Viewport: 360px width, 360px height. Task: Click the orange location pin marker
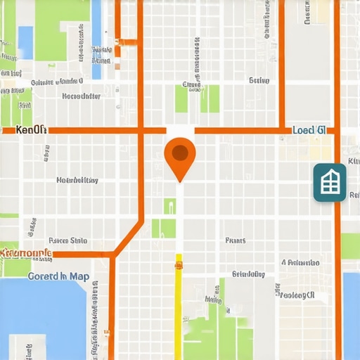click(x=180, y=156)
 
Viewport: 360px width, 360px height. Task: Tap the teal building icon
click(x=329, y=182)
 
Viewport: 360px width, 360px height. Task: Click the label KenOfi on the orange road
click(x=31, y=130)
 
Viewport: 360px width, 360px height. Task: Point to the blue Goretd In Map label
click(x=58, y=276)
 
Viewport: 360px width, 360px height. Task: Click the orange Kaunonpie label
click(x=26, y=252)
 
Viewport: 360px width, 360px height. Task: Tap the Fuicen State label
click(x=68, y=240)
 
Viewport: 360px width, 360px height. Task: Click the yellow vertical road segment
click(x=179, y=309)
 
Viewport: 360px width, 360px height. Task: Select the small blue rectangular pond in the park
click(x=25, y=41)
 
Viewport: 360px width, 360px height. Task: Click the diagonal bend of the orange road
click(x=129, y=238)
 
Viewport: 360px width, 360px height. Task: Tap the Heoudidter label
click(x=81, y=96)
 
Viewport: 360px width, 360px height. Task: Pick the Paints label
click(x=236, y=240)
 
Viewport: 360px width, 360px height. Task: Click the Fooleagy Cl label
click(x=296, y=295)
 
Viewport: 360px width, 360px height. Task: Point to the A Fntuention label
click(x=300, y=262)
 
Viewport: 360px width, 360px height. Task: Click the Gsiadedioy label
click(x=248, y=274)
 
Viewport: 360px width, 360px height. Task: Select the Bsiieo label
click(x=259, y=81)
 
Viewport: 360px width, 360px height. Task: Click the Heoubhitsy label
click(x=77, y=180)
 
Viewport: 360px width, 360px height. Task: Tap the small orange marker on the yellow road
click(x=179, y=265)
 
